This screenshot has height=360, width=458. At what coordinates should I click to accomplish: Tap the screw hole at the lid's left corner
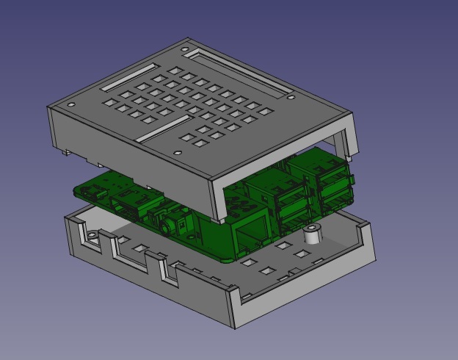(x=71, y=104)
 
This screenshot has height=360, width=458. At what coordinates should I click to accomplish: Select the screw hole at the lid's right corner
(x=292, y=97)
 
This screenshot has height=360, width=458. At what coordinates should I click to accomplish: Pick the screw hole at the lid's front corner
(x=177, y=153)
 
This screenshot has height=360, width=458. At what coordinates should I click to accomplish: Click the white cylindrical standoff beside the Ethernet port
(x=313, y=235)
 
